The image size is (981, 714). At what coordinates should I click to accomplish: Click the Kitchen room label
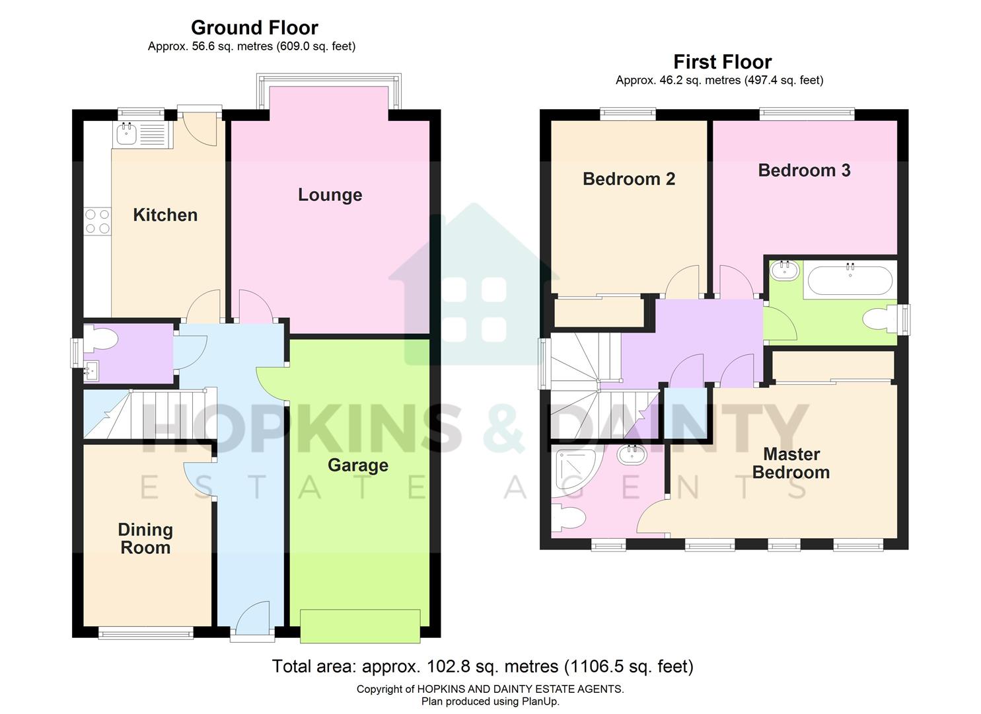pos(165,215)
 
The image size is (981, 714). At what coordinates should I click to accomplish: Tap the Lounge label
pos(330,194)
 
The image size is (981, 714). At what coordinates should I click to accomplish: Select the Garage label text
pos(357,465)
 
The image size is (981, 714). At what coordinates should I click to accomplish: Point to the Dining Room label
pos(145,538)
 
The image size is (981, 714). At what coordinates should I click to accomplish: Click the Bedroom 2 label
pos(628,179)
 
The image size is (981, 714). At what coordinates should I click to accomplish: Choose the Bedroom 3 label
pos(804,171)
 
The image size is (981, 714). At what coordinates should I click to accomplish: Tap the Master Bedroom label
pos(791,463)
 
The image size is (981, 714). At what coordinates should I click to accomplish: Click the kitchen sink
pos(126,135)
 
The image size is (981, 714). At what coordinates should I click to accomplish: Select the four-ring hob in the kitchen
pos(97,221)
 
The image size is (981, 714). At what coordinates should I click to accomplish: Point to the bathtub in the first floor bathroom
pos(850,280)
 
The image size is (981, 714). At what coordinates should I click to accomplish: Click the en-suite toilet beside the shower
pos(568,518)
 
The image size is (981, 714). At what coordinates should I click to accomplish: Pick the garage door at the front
pos(360,625)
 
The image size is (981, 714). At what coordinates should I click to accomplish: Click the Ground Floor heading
pos(254,28)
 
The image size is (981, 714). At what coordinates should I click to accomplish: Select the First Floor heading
pos(722,62)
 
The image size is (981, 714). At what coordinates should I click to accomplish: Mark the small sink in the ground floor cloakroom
pos(91,371)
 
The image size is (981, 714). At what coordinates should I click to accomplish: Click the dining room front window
pos(145,634)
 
